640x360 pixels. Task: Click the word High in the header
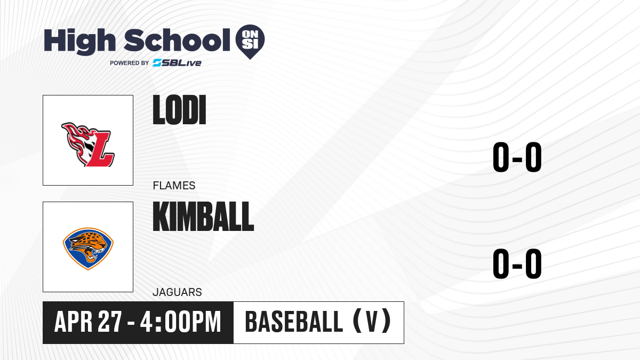(x=80, y=42)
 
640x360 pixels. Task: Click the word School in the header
(x=177, y=40)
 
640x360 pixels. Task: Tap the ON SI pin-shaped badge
(x=250, y=42)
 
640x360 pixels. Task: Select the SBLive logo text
(x=177, y=62)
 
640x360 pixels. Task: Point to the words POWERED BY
(x=130, y=63)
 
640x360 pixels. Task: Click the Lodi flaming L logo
(x=88, y=145)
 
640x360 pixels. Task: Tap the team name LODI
(x=179, y=110)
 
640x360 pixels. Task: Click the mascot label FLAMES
(x=174, y=186)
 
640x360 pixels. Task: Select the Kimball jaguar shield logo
(x=88, y=249)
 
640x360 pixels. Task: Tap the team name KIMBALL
(x=203, y=217)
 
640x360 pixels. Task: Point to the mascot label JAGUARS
(x=177, y=292)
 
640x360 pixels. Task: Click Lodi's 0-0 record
(x=517, y=157)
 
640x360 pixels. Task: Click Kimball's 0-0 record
(x=517, y=263)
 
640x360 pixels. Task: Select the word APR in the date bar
(x=74, y=322)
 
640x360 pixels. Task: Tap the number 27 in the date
(x=110, y=322)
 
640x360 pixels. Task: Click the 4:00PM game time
(x=181, y=322)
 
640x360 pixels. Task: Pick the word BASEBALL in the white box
(x=294, y=322)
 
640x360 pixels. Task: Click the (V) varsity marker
(x=372, y=321)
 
